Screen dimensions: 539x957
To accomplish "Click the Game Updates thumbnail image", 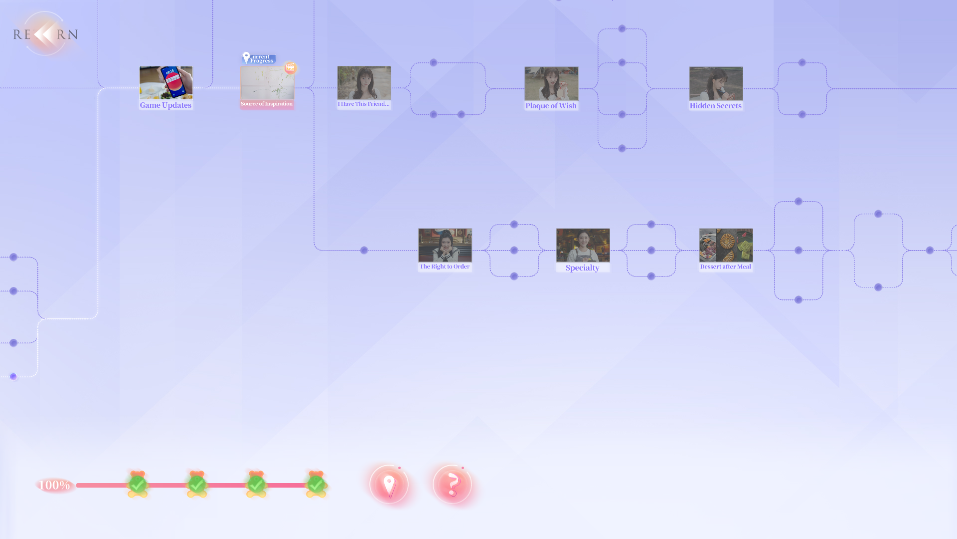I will [166, 83].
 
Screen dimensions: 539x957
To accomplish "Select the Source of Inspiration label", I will [267, 104].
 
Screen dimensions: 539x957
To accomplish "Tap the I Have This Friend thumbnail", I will [364, 83].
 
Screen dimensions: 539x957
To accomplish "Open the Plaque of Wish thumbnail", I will [551, 83].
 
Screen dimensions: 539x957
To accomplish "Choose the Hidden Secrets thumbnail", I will [716, 83].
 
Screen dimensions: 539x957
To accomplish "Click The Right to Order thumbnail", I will [445, 245].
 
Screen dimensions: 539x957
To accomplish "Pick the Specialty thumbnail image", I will [583, 245].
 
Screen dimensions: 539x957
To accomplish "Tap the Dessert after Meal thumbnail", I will [726, 245].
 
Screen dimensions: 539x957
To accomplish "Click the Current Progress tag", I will [260, 58].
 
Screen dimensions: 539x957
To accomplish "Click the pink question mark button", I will [452, 484].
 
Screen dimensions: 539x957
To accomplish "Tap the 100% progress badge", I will [54, 485].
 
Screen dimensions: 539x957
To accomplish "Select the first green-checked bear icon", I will [138, 484].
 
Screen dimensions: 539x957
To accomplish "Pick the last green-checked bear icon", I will [316, 484].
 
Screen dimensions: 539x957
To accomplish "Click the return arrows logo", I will [45, 34].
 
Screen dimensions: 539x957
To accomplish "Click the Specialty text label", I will [582, 268].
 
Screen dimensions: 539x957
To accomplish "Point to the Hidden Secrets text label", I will [715, 106].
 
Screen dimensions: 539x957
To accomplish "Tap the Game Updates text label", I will [165, 105].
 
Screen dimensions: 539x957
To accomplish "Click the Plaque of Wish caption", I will [551, 106].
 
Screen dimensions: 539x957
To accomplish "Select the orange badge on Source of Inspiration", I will [290, 67].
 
